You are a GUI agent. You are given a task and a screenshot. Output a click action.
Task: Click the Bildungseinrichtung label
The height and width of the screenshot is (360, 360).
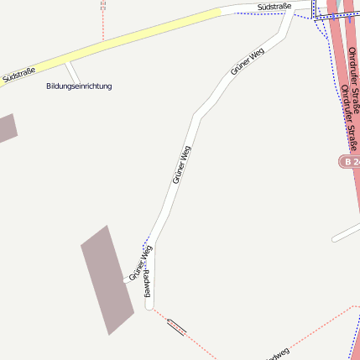pos(79,86)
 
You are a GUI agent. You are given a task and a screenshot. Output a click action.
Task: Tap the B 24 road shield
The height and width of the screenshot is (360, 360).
pos(351,160)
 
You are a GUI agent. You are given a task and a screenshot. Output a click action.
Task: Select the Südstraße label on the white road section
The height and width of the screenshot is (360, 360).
pos(274,7)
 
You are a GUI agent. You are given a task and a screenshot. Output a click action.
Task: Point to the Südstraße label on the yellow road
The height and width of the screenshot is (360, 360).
pos(18,76)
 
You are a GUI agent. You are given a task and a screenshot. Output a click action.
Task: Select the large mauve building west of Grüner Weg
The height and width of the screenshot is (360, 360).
pos(107,279)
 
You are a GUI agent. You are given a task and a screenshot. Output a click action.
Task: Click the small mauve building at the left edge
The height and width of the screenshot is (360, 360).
pos(6,128)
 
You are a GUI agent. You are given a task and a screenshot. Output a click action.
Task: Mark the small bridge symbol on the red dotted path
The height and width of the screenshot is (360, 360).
pos(176,326)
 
